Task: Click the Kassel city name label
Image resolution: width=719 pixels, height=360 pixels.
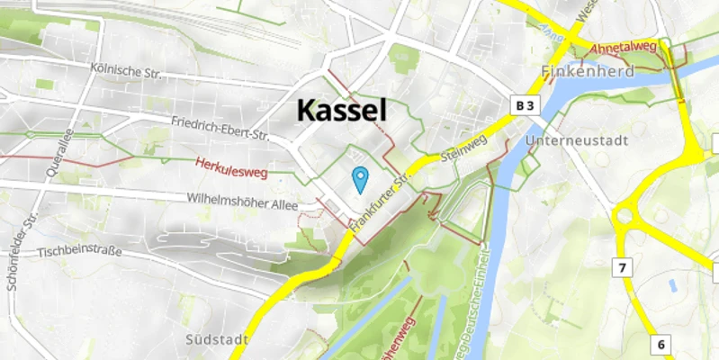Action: (342, 111)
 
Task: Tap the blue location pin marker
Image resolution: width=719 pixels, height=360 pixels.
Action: (360, 180)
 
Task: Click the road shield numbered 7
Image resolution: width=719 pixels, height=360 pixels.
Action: (621, 267)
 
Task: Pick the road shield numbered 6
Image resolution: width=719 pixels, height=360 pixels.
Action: (661, 345)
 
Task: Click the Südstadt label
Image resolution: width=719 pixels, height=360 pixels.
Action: (214, 339)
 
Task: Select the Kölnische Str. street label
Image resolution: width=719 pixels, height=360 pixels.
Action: (126, 70)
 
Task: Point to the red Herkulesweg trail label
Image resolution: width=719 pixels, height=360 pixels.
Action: (231, 166)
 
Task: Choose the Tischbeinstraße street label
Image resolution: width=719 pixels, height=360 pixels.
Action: (80, 252)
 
